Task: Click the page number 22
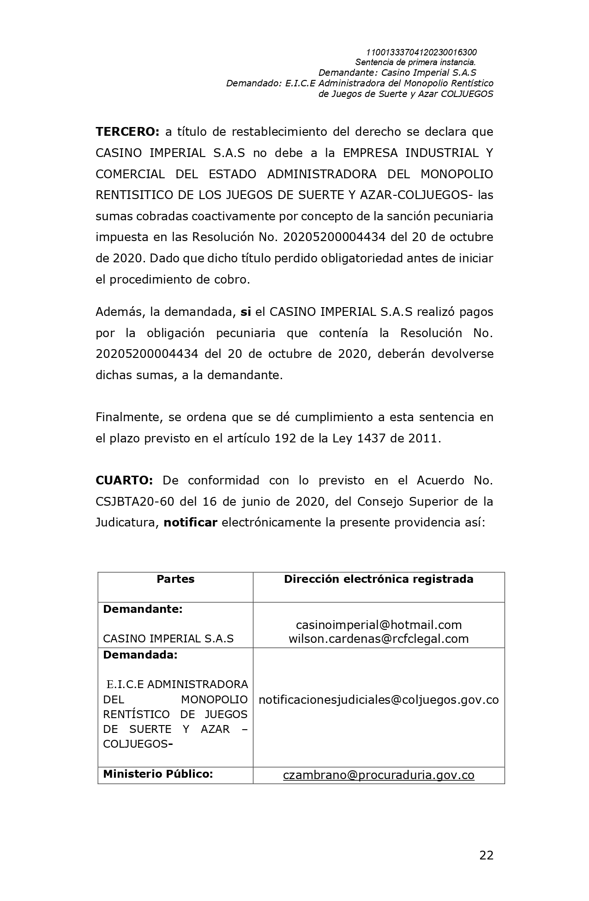(486, 855)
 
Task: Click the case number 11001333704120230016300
(421, 52)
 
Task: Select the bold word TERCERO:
(127, 132)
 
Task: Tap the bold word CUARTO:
(124, 480)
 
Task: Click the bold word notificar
(190, 522)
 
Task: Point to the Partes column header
(175, 579)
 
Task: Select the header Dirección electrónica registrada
(379, 579)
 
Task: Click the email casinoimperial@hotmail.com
(379, 625)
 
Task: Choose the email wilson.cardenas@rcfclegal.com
(379, 639)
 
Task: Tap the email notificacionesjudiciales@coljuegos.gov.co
(379, 700)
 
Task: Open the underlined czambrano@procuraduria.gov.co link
(379, 775)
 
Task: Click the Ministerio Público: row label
(158, 774)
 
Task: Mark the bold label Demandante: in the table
(143, 609)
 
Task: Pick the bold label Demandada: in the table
(140, 655)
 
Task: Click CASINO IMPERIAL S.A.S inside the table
(168, 639)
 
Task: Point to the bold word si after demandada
(246, 312)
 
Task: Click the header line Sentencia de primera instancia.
(415, 62)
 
